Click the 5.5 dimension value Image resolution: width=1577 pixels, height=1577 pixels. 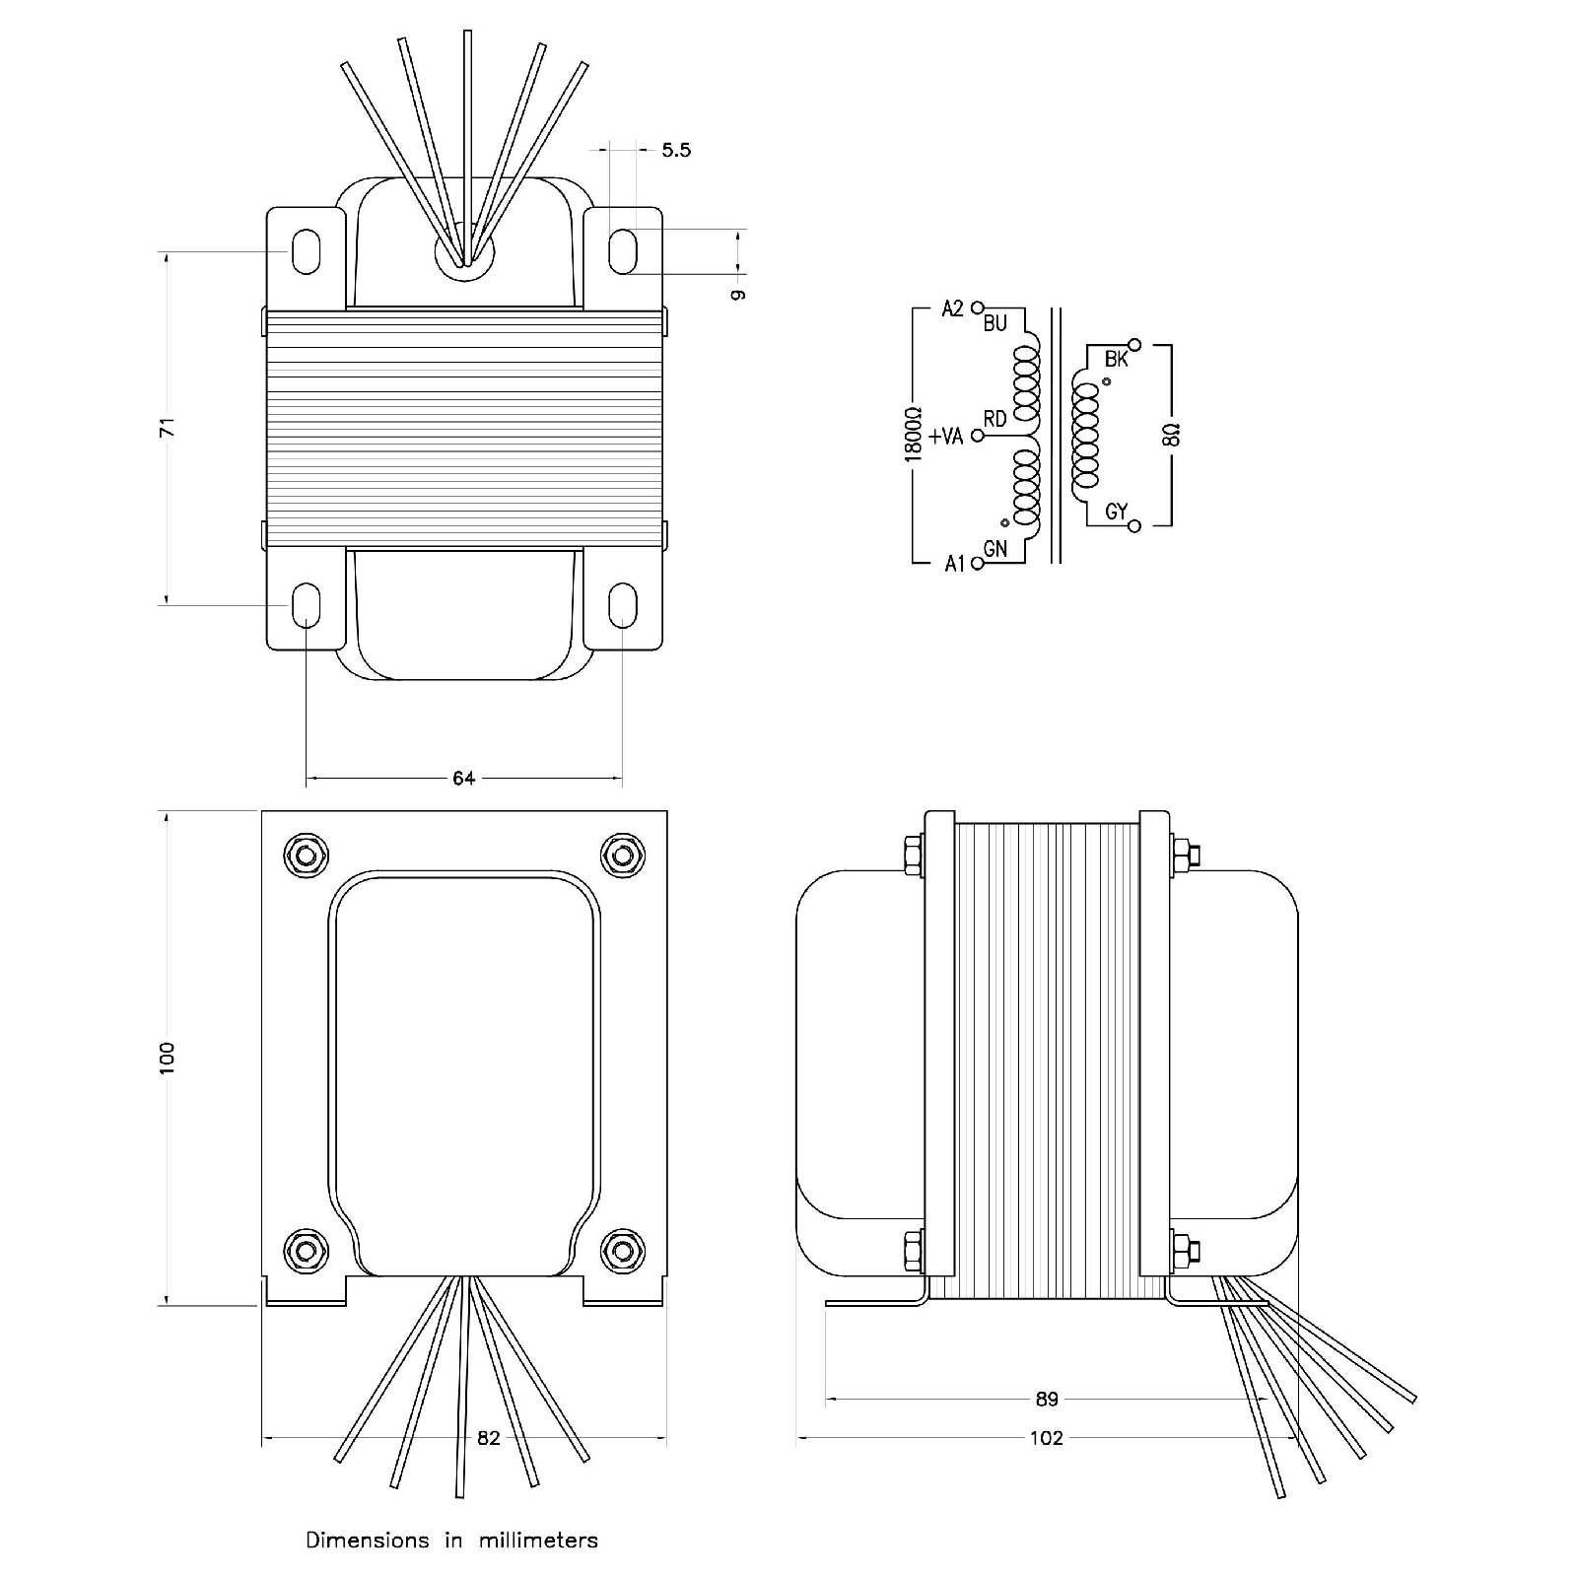tap(676, 150)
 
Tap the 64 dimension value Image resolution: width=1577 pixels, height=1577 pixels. tap(463, 779)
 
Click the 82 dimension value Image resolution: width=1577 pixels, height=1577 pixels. tap(489, 1438)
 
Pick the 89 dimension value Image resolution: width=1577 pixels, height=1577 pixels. tap(1047, 1399)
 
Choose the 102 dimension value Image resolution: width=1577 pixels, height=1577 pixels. tap(1047, 1438)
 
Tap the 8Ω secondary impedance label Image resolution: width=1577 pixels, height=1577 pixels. tap(1171, 435)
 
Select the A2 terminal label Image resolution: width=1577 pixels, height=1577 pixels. tap(952, 309)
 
